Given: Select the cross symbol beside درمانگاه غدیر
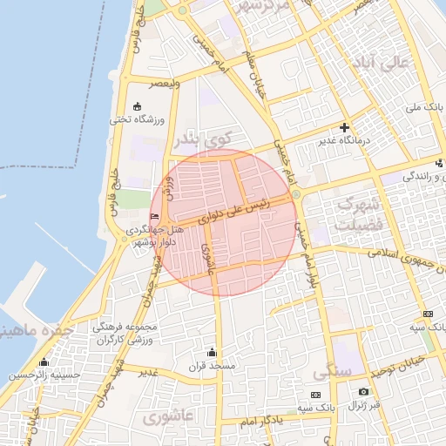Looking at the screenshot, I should pyautogui.click(x=344, y=127).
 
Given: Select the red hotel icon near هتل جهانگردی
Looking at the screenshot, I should pyautogui.click(x=155, y=216).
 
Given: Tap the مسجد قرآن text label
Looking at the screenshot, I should pyautogui.click(x=212, y=366).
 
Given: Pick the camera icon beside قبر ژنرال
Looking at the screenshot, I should pyautogui.click(x=363, y=393).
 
